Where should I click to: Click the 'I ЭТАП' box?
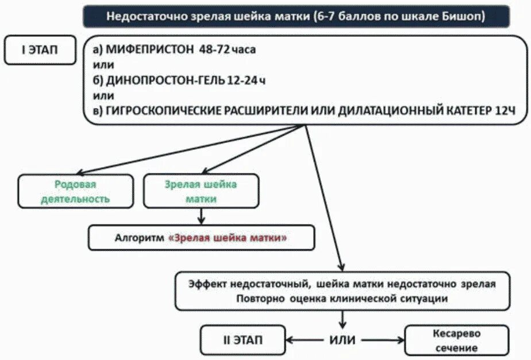(x=40, y=51)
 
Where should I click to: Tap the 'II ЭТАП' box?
(x=243, y=339)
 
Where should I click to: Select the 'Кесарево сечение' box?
(x=456, y=340)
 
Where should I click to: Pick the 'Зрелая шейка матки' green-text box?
(x=201, y=192)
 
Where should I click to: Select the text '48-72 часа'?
(x=228, y=49)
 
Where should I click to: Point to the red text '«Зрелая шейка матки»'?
(x=228, y=238)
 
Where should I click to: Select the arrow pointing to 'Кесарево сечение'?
(x=382, y=339)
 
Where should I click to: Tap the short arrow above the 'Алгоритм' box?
(x=201, y=216)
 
